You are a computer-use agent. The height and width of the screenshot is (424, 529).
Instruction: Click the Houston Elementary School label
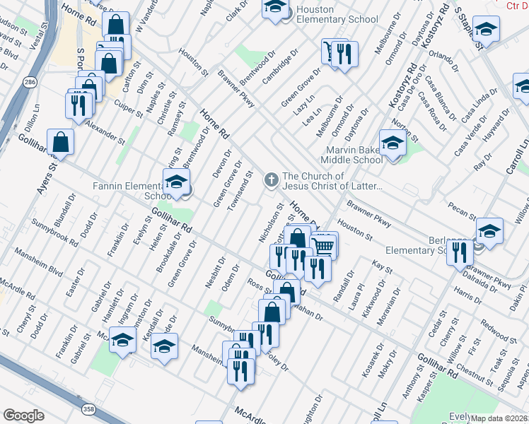[x=337, y=14]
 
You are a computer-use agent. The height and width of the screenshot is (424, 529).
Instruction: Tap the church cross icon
[x=271, y=181]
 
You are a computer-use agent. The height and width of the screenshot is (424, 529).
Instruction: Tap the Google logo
[x=23, y=416]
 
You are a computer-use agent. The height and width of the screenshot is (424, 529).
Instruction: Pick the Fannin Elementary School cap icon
[x=176, y=182]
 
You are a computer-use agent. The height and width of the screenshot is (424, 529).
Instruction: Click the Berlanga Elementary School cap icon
[x=489, y=231]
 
